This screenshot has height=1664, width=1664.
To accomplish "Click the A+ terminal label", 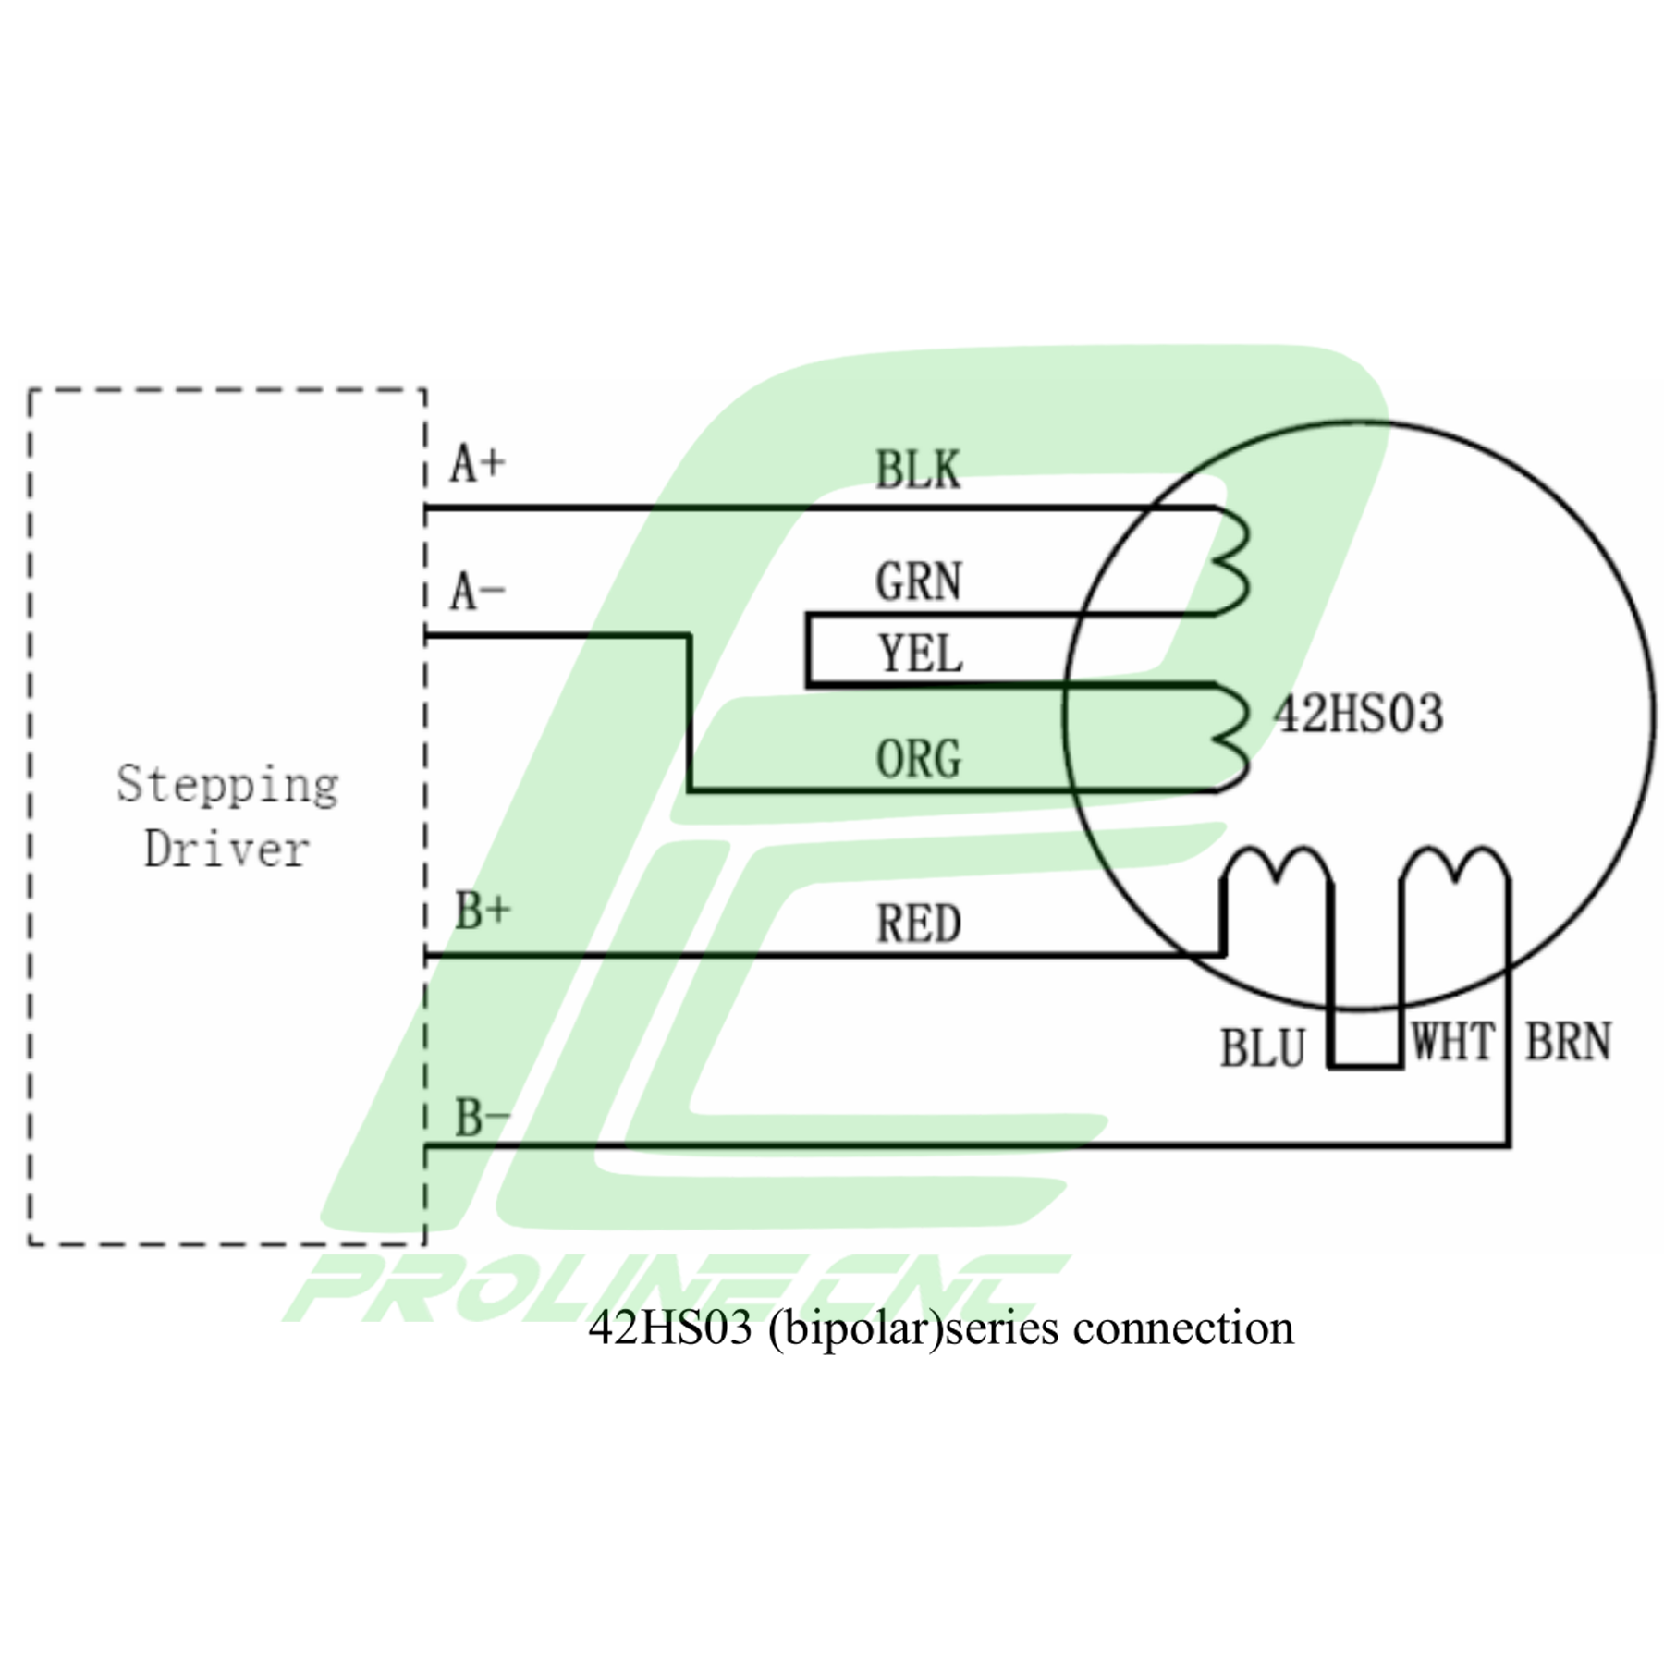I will click(477, 463).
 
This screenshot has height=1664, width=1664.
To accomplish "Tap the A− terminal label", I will click(477, 592).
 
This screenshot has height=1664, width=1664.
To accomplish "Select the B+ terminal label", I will click(482, 911).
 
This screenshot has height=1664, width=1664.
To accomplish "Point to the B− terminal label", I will click(482, 1118).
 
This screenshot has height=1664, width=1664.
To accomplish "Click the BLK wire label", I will click(918, 470).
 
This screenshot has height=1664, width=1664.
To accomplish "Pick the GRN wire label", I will click(918, 582).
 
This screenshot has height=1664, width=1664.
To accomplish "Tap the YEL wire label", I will click(920, 655).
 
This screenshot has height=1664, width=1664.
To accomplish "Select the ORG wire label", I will click(918, 759).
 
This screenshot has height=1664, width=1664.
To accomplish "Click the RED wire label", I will click(918, 924).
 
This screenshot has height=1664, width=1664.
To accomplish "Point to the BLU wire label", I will click(1262, 1048).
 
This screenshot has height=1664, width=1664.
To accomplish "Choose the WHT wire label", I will click(1452, 1042).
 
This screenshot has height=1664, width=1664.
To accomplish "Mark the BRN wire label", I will click(1568, 1042).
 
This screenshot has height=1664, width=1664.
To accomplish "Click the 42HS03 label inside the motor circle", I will click(1358, 714).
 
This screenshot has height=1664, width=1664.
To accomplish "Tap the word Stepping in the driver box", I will click(227, 786).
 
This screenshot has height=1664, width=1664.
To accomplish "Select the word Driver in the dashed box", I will click(226, 850).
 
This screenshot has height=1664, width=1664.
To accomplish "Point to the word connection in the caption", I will click(1182, 1328).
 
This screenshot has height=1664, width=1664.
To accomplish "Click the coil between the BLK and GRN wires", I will click(1233, 561).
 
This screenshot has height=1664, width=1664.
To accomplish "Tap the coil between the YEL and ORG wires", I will click(1233, 738).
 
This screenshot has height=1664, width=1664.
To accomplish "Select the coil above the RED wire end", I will click(1276, 869).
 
